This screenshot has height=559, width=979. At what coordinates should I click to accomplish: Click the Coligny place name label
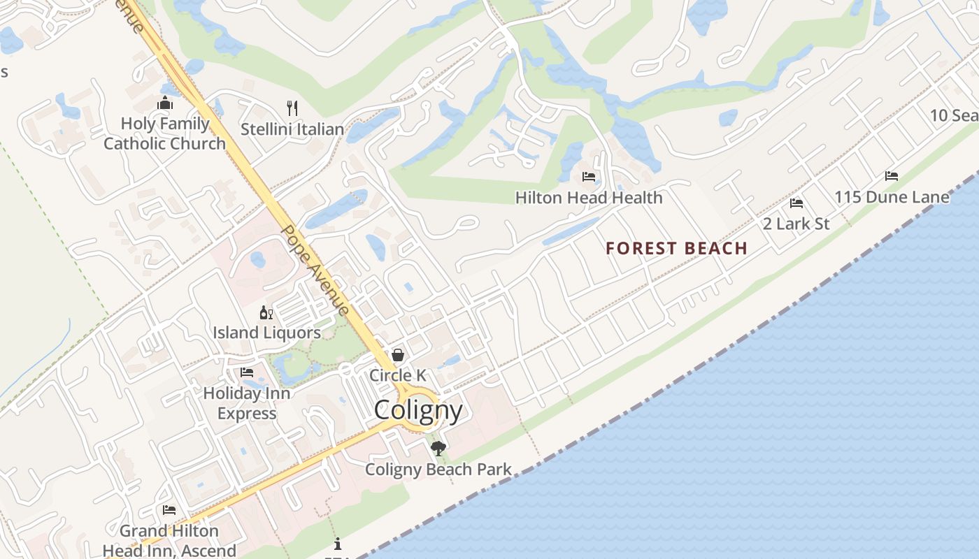pos(418,409)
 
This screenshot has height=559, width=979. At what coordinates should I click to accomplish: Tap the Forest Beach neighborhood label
pos(676,248)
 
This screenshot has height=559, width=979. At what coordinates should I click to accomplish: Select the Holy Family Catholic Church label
pos(165,133)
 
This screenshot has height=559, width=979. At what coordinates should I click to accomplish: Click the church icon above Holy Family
pos(165,104)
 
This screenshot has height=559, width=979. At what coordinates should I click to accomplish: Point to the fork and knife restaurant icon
pos(292,108)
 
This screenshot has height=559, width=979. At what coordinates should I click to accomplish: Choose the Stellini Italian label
pos(292,129)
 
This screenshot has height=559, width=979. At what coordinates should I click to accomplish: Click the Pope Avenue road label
pos(315,270)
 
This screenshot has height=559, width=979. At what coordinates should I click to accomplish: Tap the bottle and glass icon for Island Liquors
pos(266,312)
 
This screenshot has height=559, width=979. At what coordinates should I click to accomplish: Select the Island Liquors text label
pos(266,333)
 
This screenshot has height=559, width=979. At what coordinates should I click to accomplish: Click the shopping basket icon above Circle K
pos(397,355)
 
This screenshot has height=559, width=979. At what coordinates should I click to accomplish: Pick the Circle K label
pos(397,375)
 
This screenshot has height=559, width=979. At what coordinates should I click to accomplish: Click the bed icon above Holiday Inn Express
pos(247,372)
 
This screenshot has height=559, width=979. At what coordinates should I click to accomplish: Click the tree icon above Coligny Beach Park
pos(438,449)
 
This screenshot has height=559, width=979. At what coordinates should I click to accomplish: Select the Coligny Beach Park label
pos(438,470)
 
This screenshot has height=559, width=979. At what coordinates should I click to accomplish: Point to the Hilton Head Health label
pos(589,198)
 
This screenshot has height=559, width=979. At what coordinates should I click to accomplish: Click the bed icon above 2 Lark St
pos(796,203)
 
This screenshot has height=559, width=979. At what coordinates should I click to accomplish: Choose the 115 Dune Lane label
pos(892,197)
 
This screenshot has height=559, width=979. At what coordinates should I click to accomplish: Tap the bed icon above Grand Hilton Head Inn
pos(169,510)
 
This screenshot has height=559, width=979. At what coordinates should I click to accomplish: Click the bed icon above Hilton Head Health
pos(589,177)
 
